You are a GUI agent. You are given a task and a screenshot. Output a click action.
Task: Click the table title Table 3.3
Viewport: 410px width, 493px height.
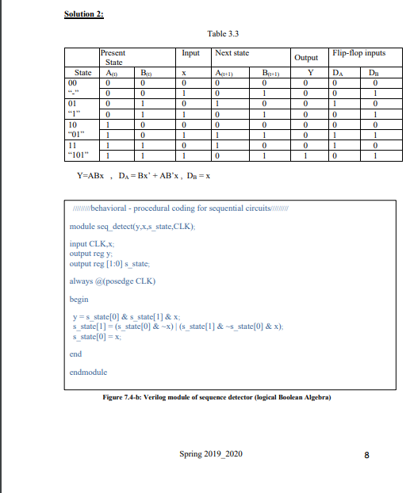pos(222,34)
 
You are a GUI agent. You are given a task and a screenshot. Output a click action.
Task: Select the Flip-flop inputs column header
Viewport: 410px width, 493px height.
pos(359,53)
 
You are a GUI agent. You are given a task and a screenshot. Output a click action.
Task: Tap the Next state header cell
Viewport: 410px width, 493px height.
pos(233,53)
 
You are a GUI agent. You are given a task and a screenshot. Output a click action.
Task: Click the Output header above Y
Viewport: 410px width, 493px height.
pos(306,58)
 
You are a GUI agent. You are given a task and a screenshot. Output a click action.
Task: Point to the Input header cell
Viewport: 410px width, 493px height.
pos(191,53)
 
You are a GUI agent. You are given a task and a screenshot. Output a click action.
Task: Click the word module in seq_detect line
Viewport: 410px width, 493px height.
pos(82,226)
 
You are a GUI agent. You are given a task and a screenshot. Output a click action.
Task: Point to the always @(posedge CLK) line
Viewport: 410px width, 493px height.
pos(112,281)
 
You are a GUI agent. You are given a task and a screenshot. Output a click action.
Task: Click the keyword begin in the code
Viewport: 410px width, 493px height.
pos(79,300)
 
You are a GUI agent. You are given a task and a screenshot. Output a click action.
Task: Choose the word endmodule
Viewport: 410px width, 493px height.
pos(89,371)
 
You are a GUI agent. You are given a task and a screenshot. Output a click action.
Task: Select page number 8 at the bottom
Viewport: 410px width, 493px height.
pos(366,456)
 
